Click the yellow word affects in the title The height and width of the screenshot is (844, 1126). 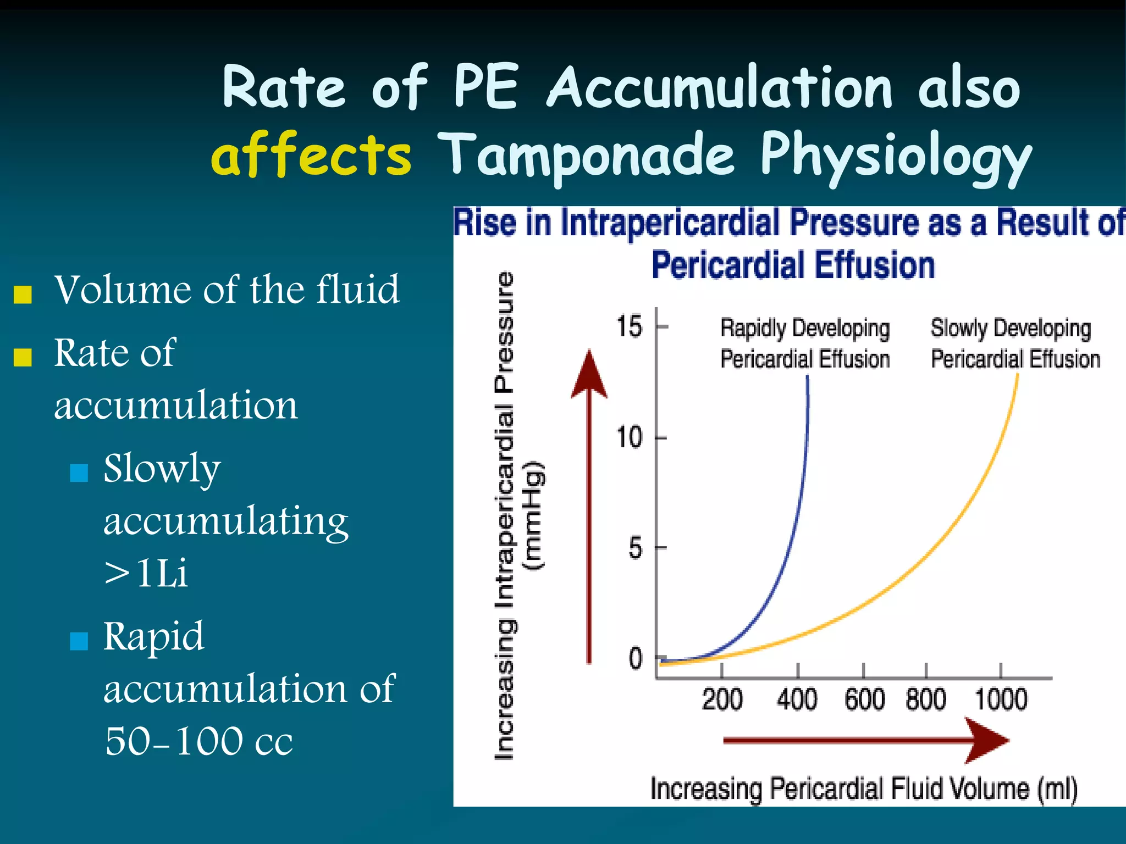click(x=311, y=154)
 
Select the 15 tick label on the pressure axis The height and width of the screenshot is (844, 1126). click(x=629, y=326)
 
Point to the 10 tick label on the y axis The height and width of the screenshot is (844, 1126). click(x=629, y=438)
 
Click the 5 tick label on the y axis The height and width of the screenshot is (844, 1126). click(x=635, y=548)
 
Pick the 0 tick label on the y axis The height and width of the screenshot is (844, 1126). click(x=635, y=658)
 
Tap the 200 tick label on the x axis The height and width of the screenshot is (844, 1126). click(x=722, y=699)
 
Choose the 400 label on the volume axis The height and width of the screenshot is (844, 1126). click(x=797, y=699)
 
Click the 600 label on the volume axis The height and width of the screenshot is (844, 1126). click(x=864, y=699)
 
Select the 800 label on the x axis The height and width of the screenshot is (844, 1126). click(x=926, y=699)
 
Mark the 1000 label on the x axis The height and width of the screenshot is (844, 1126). click(x=1001, y=699)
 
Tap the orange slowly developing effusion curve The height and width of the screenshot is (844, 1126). click(x=935, y=549)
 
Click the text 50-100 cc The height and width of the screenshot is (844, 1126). click(x=198, y=741)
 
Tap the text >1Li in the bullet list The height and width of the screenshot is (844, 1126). click(x=146, y=573)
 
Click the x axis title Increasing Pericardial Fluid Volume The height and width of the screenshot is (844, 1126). click(x=863, y=789)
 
